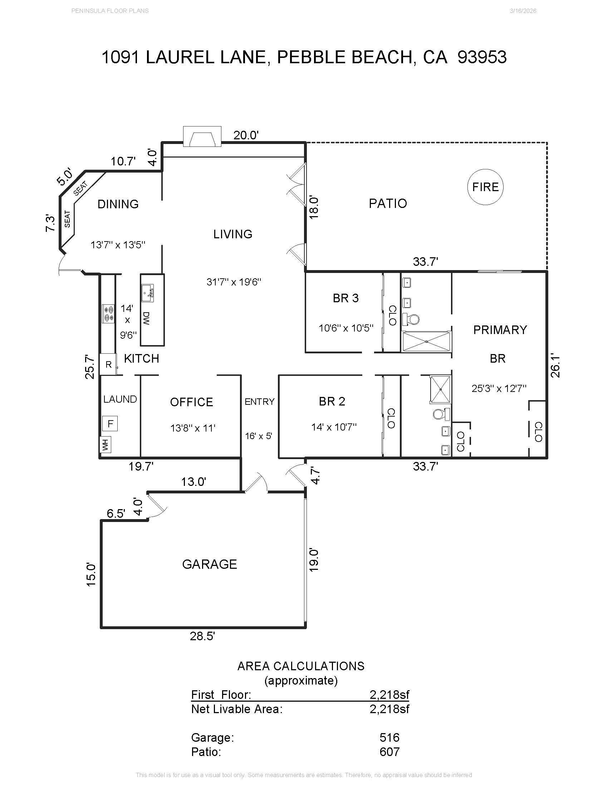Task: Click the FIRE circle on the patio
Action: tap(485, 187)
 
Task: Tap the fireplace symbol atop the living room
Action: tap(202, 137)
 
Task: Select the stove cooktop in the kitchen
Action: tap(108, 313)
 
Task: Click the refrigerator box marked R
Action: tap(108, 364)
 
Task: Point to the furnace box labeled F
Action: tap(110, 424)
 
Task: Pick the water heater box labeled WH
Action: tap(105, 444)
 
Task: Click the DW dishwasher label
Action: tap(146, 318)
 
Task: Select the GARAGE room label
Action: tap(209, 564)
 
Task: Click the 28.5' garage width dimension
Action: tap(202, 636)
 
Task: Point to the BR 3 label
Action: tap(345, 298)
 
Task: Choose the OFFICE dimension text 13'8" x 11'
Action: tap(193, 428)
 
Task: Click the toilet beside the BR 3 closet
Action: tap(411, 318)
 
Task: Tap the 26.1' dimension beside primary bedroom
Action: tap(555, 366)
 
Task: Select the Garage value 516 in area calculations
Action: tap(389, 737)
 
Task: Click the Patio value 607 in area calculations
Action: tap(389, 752)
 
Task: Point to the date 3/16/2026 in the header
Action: tap(523, 11)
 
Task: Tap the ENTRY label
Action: tap(259, 402)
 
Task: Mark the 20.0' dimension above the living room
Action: tap(246, 135)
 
